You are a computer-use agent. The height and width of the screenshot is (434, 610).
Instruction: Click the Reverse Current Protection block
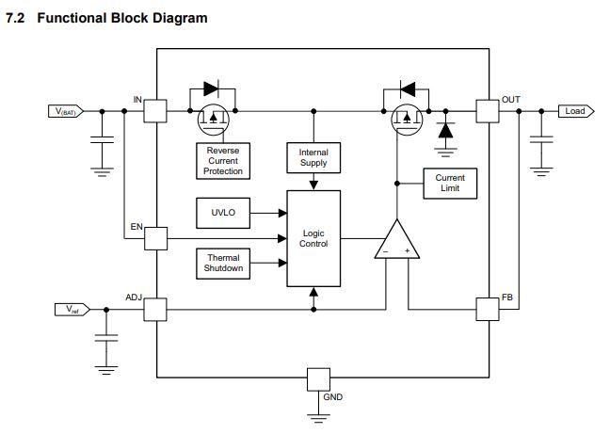(223, 161)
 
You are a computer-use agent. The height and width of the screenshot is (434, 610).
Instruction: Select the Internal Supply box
(313, 158)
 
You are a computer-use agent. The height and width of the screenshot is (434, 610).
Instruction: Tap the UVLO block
(223, 213)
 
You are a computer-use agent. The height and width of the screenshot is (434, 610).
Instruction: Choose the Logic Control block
(313, 238)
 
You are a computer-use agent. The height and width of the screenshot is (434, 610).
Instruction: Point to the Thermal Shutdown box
(223, 264)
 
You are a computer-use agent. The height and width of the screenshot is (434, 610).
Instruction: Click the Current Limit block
(450, 184)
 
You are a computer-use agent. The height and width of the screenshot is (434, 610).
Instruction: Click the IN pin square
(155, 111)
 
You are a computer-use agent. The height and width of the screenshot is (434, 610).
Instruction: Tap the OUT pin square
(488, 111)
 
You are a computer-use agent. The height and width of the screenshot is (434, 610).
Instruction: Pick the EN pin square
(155, 238)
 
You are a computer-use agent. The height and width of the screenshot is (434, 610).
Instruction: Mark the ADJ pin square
(155, 309)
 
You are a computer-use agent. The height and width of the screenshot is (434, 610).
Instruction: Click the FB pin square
(488, 309)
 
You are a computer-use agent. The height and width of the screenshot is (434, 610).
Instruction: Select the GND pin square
(319, 379)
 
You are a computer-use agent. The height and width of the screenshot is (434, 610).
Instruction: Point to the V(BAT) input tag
(67, 111)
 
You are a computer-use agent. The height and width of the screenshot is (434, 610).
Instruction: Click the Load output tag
(574, 111)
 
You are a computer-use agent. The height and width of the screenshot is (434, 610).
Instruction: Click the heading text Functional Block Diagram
(122, 19)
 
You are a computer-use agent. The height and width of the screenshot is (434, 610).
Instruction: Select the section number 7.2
(18, 19)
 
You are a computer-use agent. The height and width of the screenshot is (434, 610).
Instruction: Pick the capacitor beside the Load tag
(541, 138)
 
